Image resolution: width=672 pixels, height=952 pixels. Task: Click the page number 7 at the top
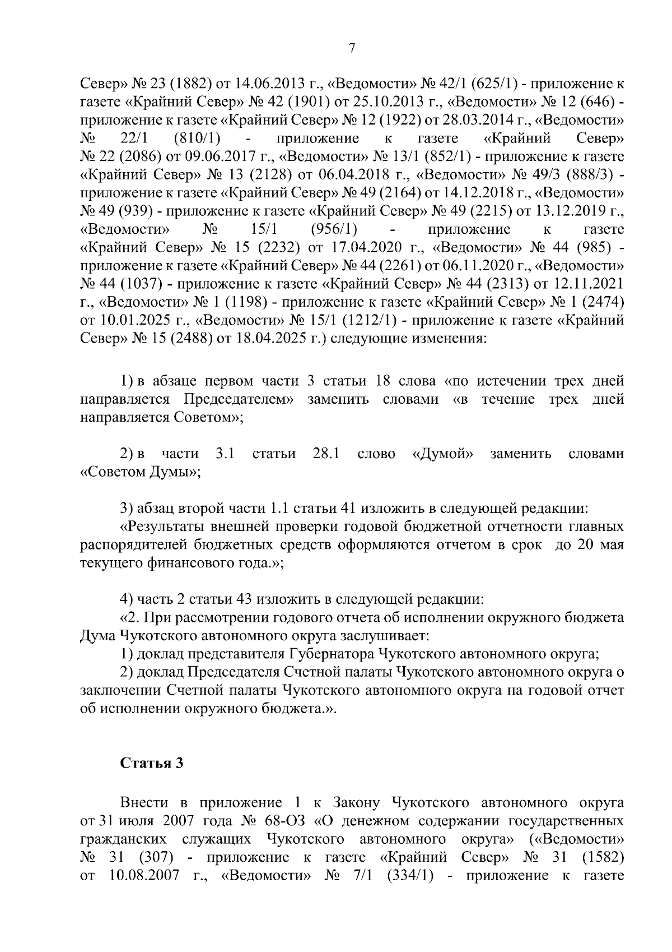coord(352,49)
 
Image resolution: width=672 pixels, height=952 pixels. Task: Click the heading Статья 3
coord(152,763)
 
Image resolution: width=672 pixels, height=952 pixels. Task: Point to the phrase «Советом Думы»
coord(141,472)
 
